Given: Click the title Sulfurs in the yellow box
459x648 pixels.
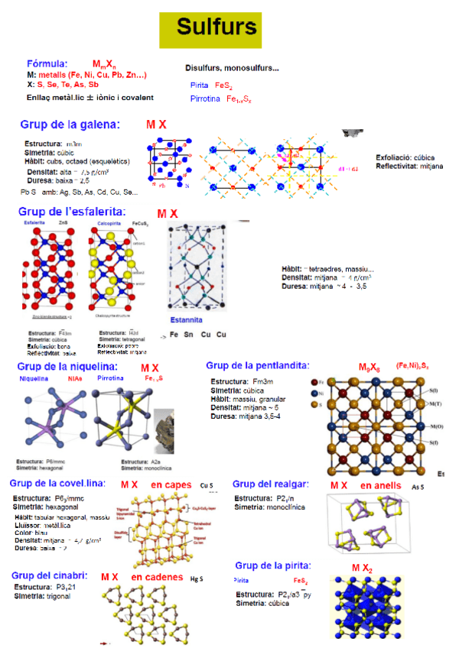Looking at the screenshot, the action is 216,28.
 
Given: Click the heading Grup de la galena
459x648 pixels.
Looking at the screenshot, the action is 70,124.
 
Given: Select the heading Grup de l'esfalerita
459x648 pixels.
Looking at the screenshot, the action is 72,211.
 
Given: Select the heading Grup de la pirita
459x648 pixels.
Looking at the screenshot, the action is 273,565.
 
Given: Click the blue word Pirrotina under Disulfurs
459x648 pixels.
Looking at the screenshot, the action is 206,99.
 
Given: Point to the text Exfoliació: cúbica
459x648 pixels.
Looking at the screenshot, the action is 408,157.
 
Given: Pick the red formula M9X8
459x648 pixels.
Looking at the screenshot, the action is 371,368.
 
